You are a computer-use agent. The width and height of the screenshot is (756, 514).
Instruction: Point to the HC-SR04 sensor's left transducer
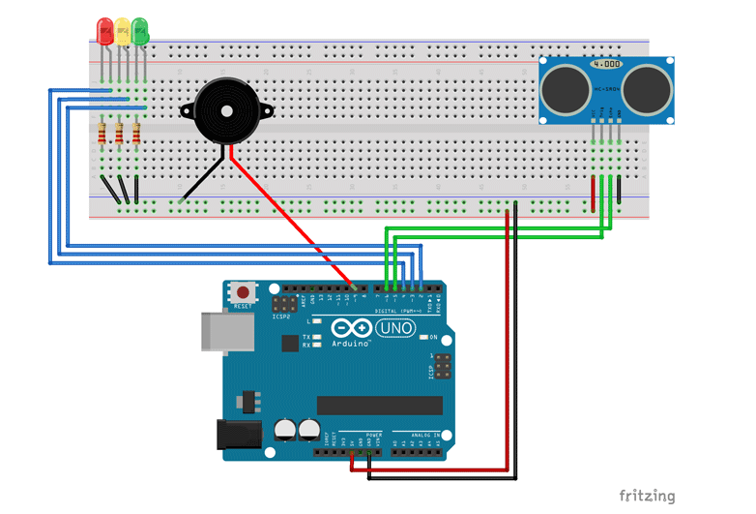565,89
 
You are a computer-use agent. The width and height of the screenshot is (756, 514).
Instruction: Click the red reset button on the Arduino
243,291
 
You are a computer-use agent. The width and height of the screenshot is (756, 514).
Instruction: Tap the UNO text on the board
398,329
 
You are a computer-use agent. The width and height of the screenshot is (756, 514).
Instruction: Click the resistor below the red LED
102,133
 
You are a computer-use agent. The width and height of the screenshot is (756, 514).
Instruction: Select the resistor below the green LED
136,133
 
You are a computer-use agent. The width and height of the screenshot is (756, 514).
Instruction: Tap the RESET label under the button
243,306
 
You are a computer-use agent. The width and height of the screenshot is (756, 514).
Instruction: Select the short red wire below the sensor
593,194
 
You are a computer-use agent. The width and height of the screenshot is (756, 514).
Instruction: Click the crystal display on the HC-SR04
606,64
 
